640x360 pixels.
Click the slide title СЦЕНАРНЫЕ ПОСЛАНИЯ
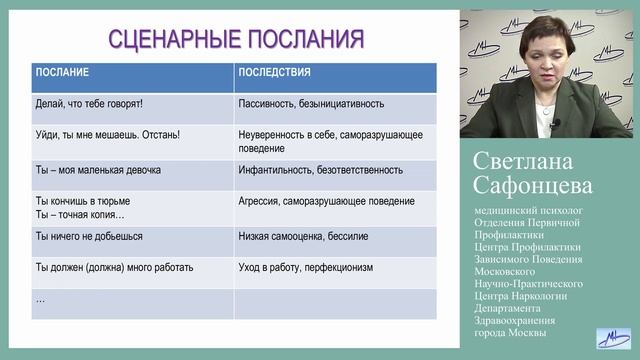tap(235, 39)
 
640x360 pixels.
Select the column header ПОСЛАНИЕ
tap(62, 73)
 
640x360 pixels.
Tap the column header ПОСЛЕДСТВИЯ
tap(275, 73)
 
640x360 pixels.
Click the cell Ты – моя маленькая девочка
tap(98, 170)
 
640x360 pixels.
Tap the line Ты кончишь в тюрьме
tap(83, 200)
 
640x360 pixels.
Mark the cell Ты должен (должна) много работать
tap(114, 268)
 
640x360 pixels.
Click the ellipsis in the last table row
tap(41, 298)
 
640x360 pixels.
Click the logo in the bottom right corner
tap(611, 338)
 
